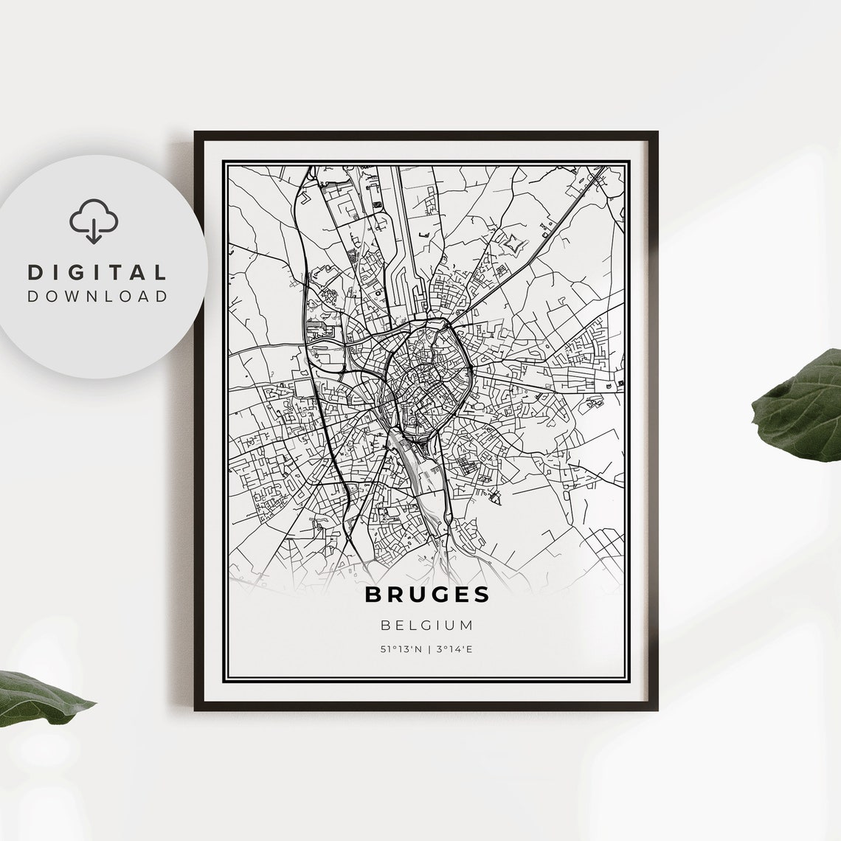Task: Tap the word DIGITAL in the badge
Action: click(x=97, y=272)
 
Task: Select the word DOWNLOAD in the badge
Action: click(x=97, y=297)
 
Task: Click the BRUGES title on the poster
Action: click(x=426, y=595)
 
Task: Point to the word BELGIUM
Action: click(x=426, y=626)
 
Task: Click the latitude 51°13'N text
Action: click(x=401, y=650)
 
